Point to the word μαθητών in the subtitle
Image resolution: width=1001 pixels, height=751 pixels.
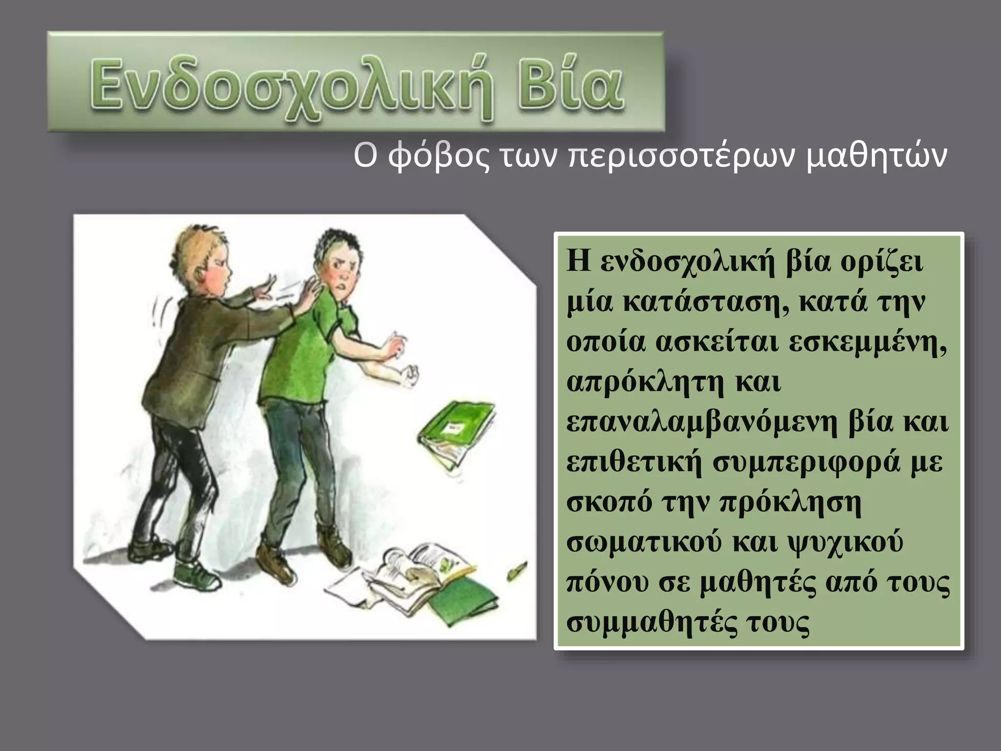point(876,157)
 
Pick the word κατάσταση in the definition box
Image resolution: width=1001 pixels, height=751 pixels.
point(706,303)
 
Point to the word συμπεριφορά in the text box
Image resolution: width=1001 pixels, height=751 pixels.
point(806,463)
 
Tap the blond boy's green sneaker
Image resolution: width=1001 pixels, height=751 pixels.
point(197,577)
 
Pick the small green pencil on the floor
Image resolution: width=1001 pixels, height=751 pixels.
point(517,570)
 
